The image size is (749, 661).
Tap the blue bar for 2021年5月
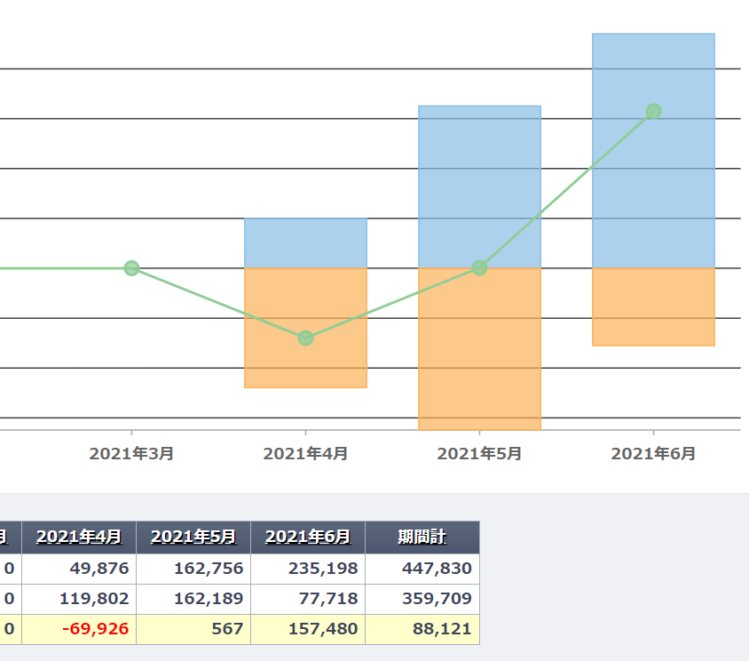point(479,178)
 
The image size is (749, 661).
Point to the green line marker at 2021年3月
point(131,268)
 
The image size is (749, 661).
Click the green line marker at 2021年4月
point(305,338)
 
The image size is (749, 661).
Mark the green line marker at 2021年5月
point(479,267)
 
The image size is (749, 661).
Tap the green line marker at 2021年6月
point(653,111)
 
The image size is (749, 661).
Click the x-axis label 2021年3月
point(131,454)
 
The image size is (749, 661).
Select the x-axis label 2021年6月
point(653,454)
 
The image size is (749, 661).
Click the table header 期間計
point(422,537)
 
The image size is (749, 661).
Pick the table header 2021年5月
point(193,537)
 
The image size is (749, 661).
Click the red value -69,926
point(96,629)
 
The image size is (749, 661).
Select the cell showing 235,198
point(324,569)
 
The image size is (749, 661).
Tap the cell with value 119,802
point(96,599)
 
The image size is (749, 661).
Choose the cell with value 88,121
point(442,629)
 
